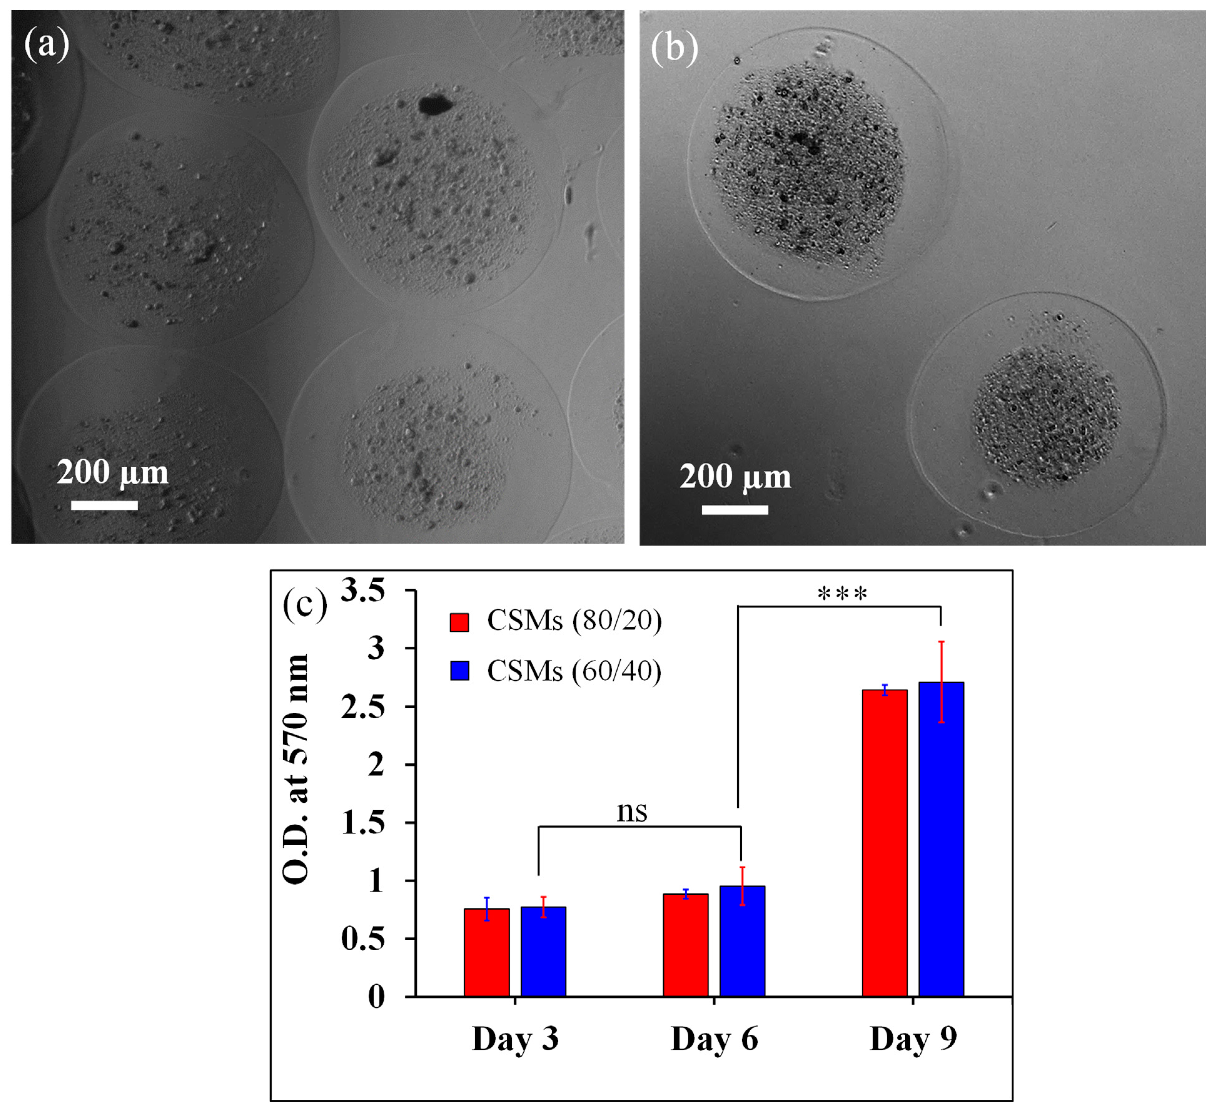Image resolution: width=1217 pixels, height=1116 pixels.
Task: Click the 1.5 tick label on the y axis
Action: click(x=363, y=822)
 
